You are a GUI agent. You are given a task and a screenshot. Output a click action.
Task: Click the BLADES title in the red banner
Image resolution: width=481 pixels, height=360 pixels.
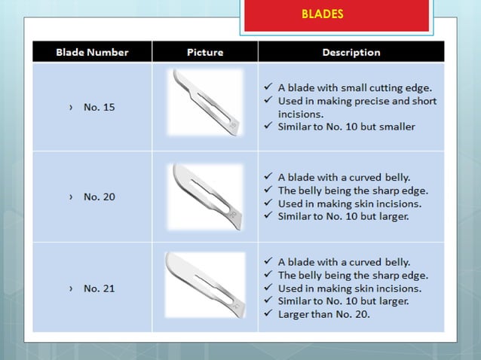[x=322, y=14]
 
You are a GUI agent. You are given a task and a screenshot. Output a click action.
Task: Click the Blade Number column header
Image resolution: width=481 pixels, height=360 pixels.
[x=92, y=52]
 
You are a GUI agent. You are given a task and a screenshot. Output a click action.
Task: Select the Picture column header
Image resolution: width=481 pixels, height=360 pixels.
[x=205, y=52]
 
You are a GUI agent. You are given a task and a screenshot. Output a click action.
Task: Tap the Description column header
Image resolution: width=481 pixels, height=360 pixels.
[x=351, y=52]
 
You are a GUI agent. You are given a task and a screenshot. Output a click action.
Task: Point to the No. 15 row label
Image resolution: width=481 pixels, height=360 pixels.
[x=99, y=107]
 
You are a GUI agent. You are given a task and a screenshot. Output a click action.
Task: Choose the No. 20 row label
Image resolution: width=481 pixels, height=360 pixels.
[x=99, y=197]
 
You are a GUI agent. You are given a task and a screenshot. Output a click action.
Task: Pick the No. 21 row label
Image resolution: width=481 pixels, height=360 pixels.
[x=99, y=288]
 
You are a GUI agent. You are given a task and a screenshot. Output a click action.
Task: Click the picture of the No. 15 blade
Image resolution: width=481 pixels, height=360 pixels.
[x=205, y=104]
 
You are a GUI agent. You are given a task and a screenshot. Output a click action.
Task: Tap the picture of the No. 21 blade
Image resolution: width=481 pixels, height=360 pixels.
[x=204, y=285]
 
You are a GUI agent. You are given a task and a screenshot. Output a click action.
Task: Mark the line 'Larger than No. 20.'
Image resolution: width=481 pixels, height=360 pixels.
[x=324, y=314]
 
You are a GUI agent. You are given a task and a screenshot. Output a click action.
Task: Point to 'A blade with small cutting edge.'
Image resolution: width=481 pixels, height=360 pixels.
[x=355, y=87]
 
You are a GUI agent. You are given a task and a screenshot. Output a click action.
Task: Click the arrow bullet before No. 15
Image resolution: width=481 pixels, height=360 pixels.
[x=72, y=107]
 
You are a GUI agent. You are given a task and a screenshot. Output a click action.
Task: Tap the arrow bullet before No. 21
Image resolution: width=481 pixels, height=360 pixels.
[x=72, y=288]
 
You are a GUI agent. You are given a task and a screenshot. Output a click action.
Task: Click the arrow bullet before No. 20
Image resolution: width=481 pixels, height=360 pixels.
[x=72, y=197]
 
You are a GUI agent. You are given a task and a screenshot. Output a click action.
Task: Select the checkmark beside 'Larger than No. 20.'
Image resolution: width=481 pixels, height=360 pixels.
[x=269, y=314]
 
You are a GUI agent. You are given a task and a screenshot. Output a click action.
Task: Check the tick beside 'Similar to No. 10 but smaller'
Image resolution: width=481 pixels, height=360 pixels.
[x=269, y=127]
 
